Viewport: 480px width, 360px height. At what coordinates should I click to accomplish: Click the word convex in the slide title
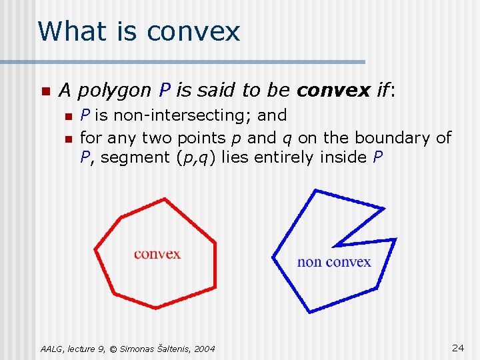point(193,31)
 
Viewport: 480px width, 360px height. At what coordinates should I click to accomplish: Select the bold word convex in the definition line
point(333,89)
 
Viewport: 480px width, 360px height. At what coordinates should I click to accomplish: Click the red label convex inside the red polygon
point(157,253)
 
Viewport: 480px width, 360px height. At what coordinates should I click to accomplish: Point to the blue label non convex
point(334,261)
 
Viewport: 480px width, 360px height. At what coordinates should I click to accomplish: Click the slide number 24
point(458,347)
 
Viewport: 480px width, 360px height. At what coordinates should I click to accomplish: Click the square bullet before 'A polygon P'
point(44,90)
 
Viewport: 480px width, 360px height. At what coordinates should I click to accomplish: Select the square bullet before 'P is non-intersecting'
point(67,117)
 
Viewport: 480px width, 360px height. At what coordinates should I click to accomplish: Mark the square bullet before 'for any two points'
point(67,139)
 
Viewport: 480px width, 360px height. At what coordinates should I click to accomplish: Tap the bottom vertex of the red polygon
point(156,308)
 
